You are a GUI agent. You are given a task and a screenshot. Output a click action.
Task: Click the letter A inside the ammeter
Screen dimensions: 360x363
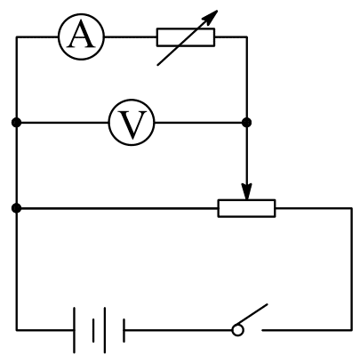coord(82,36)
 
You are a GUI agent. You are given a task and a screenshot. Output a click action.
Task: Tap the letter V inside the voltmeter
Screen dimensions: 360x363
coord(132,124)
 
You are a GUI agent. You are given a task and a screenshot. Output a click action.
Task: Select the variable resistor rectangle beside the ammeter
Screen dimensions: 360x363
coord(186,37)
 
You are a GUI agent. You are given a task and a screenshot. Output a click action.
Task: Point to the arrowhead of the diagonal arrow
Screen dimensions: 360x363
coord(212,15)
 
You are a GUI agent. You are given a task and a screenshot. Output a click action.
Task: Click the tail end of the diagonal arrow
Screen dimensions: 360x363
coord(157,65)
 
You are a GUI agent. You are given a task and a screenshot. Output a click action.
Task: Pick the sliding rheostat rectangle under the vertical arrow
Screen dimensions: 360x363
coord(247,208)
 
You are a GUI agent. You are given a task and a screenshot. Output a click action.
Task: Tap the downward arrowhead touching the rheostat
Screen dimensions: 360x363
coord(246,191)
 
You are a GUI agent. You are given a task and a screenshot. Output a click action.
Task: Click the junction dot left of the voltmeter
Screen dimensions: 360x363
coord(17,122)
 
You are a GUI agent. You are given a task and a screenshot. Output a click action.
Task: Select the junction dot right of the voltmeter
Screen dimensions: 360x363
coord(246,122)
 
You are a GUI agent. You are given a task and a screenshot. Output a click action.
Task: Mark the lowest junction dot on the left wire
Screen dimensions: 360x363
coord(17,208)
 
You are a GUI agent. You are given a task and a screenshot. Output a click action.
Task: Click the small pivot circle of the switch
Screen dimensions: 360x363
coord(237,330)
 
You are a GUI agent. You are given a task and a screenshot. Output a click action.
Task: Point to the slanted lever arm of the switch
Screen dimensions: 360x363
coord(253,314)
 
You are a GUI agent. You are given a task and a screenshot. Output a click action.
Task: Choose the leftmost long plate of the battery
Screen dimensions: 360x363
coord(74,330)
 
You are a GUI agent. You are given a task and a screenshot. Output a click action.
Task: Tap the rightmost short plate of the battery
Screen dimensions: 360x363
coord(124,330)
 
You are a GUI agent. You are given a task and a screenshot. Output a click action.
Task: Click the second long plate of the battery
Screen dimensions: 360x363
coord(105,330)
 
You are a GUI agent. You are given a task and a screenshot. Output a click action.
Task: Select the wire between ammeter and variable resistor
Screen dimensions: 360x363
coord(131,37)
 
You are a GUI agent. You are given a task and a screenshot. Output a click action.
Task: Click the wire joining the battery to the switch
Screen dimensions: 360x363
coord(179,330)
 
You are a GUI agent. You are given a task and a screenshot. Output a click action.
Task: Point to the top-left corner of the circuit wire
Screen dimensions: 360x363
coord(17,37)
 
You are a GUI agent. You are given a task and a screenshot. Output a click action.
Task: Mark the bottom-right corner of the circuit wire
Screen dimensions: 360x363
coord(352,330)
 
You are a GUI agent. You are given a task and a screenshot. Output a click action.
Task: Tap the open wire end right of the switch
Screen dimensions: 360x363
coord(262,330)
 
